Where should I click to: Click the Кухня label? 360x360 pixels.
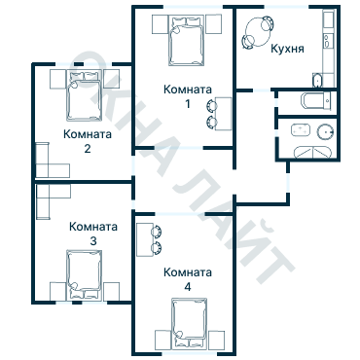(x=287, y=49)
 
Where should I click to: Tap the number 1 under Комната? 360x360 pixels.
(x=188, y=104)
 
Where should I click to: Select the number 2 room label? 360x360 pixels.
(x=88, y=149)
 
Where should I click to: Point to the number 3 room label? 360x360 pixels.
(x=93, y=241)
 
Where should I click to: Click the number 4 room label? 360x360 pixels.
(x=188, y=287)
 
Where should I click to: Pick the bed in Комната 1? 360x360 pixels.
(x=187, y=41)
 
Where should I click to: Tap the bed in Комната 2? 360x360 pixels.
(x=84, y=95)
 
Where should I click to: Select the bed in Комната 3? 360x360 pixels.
(x=84, y=275)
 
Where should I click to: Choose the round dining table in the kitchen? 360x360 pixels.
(x=257, y=32)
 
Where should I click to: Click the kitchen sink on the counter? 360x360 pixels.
(x=327, y=41)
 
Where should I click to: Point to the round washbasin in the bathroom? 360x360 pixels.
(x=325, y=132)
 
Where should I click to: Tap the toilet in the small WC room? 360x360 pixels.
(x=315, y=100)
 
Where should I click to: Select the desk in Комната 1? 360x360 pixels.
(x=224, y=114)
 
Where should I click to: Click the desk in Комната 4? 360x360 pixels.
(x=145, y=239)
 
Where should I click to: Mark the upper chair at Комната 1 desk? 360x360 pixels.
(x=211, y=105)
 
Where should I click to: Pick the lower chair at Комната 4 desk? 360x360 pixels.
(x=157, y=248)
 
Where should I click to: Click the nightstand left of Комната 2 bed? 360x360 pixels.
(x=58, y=79)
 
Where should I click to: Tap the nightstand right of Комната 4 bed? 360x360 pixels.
(x=216, y=341)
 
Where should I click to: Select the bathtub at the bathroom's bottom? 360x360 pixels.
(x=312, y=153)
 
